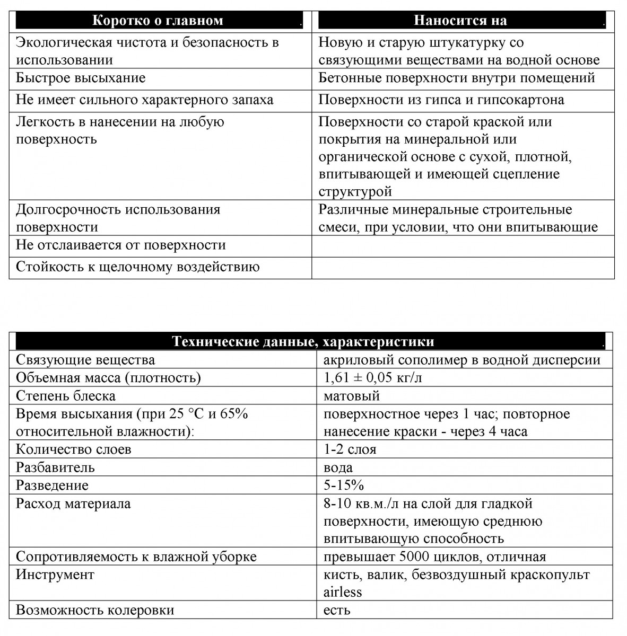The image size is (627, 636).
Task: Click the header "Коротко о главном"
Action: pos(158,21)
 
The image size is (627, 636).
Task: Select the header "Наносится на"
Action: pos(460,21)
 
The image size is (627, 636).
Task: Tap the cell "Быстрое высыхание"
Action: pos(81,78)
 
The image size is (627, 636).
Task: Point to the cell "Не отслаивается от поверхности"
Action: pos(121,245)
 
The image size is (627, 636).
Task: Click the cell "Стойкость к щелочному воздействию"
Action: pos(137,267)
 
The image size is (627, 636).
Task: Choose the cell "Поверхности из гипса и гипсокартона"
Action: pos(441,100)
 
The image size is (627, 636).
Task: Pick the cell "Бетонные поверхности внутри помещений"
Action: pos(457,78)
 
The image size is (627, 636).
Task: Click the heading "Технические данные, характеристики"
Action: pos(303,342)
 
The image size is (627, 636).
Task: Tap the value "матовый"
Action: pos(351,396)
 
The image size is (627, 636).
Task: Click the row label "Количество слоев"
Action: pos(74,449)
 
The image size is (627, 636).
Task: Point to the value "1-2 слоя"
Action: pos(350,449)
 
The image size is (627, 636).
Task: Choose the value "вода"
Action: pos(338,467)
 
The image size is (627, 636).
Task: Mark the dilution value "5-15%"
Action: pos(343,485)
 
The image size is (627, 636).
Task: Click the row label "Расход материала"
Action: pos(73,503)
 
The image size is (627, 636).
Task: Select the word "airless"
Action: pos(343,592)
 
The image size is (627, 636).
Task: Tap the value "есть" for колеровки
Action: pos(337,610)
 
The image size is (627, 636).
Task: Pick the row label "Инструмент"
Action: pos(55,575)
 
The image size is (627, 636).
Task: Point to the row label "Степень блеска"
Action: pos(66,396)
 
